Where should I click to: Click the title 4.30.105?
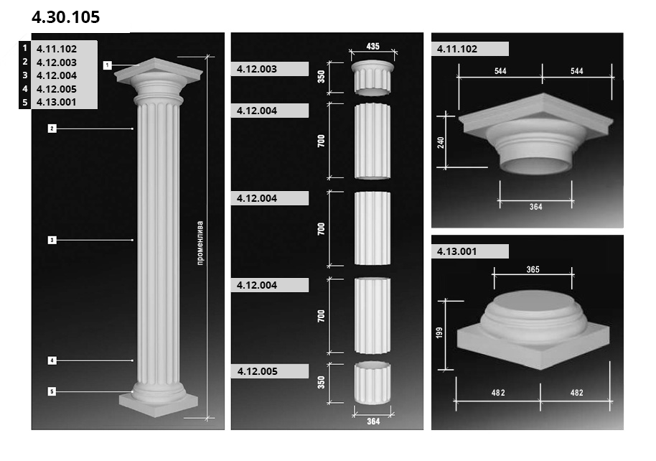pos(66,17)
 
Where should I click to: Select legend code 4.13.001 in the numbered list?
pos(57,102)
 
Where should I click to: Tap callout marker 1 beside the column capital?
pos(108,65)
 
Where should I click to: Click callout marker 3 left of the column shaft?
pos(52,240)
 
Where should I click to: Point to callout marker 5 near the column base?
pos(52,391)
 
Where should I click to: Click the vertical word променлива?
pos(200,243)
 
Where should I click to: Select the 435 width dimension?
pos(372,46)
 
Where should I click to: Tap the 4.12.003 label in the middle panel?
pos(257,69)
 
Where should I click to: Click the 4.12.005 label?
pos(257,371)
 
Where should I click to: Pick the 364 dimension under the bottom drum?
pos(373,422)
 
